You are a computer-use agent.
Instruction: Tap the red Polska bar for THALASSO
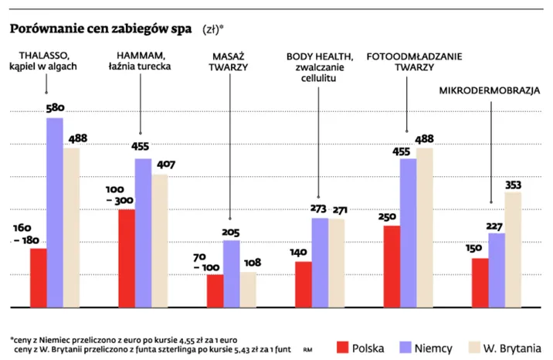(x=38, y=277)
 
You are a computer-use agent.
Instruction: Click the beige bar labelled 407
(x=160, y=240)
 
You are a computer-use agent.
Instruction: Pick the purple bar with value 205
(x=231, y=273)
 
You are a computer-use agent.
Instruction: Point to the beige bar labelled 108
(x=248, y=289)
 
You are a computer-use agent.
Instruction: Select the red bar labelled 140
(x=303, y=284)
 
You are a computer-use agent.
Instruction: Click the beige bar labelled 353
(x=514, y=249)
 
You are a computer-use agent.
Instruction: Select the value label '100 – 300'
(x=120, y=195)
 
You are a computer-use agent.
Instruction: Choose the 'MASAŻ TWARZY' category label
(x=229, y=61)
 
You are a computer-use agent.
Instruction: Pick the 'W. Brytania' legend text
(x=513, y=348)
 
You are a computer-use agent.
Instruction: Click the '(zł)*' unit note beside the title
(x=214, y=30)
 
